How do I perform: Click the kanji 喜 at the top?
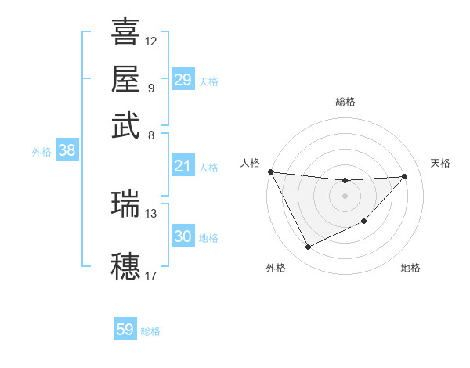point(125,32)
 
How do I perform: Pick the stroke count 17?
point(151,275)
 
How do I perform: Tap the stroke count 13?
point(151,213)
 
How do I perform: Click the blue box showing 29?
point(183,80)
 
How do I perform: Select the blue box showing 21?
point(183,166)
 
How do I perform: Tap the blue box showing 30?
point(183,236)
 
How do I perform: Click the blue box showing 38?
point(67,151)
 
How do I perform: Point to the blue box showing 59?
point(125,330)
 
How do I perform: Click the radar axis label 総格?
point(345,102)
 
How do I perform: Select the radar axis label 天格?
point(441,163)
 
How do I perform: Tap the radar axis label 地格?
point(410,268)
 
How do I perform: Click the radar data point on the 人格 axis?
point(271,171)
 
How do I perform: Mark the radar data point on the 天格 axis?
point(405,176)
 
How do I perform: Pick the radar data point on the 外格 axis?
point(308,247)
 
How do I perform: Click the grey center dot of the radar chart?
point(345,196)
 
